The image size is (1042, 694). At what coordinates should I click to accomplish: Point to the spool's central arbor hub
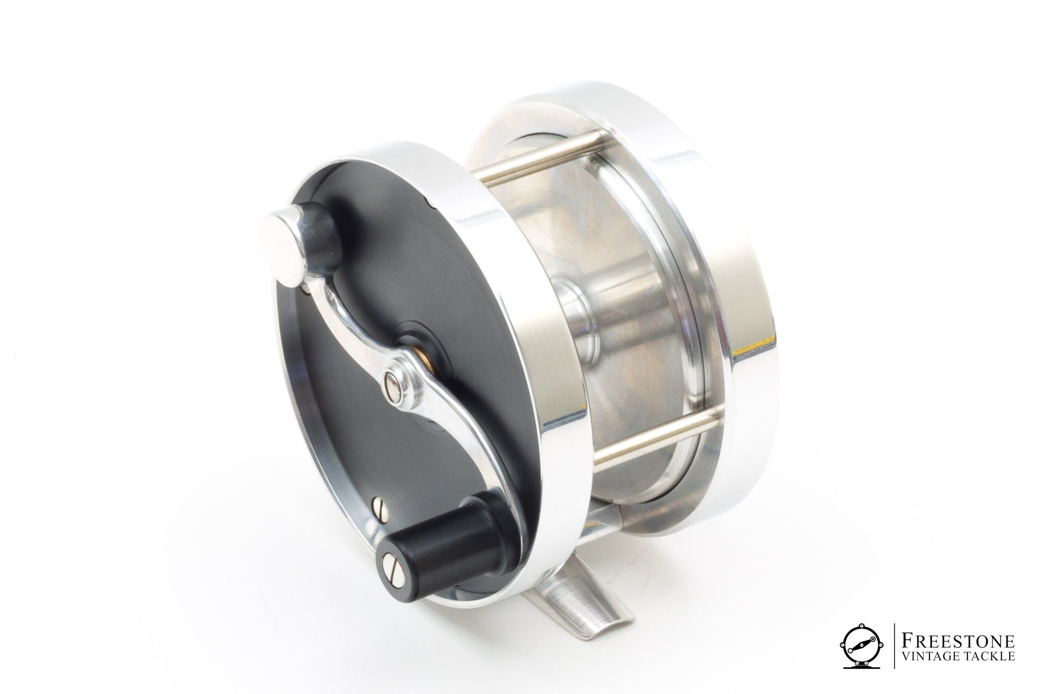click(x=573, y=318)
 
